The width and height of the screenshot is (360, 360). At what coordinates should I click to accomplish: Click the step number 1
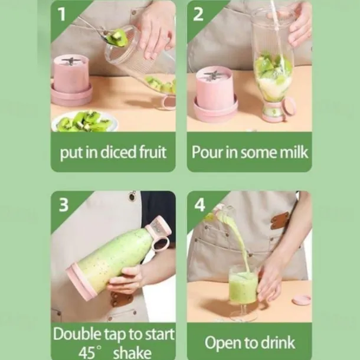pos(62,15)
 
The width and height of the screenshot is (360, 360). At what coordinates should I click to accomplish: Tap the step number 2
pos(198,15)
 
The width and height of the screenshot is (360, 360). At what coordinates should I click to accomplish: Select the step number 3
pos(64,205)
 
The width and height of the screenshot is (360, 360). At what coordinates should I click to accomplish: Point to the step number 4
pos(199,205)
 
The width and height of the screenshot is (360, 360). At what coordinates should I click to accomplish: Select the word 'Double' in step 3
pos(77,334)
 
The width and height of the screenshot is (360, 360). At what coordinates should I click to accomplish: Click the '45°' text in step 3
pos(90,352)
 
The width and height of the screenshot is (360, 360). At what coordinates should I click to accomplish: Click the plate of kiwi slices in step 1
pos(84,121)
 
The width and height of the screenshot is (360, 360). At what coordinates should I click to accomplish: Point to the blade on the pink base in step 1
pos(69,61)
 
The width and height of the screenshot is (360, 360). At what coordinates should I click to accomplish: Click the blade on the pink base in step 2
pos(212,76)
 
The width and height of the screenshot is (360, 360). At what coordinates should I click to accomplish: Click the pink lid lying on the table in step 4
pos(302,300)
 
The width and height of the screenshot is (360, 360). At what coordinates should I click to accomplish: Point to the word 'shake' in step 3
pos(132,352)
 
